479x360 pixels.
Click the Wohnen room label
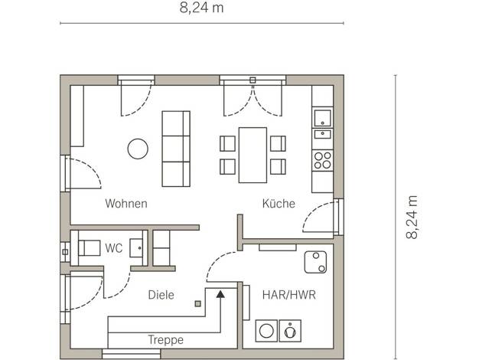[x=126, y=204]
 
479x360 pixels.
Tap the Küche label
[x=279, y=204]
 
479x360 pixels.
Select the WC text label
[x=114, y=248]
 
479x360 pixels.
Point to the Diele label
[x=161, y=295]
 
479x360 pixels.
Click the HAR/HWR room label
[x=289, y=295]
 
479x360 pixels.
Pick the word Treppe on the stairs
[x=165, y=340]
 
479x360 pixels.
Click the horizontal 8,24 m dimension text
[x=201, y=8]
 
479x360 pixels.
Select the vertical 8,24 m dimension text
[x=412, y=217]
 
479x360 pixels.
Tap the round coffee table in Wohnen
[x=138, y=149]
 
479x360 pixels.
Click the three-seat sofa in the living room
[x=176, y=149]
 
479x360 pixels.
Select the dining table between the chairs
[x=253, y=155]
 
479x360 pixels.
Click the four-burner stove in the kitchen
[x=323, y=160]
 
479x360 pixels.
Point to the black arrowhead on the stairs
[x=220, y=294]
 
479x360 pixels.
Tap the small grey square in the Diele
[x=198, y=304]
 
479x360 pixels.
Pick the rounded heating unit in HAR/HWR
[x=315, y=262]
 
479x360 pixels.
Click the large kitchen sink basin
[x=323, y=118]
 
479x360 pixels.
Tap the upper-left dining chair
[x=227, y=143]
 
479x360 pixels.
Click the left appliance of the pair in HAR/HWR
[x=266, y=331]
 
